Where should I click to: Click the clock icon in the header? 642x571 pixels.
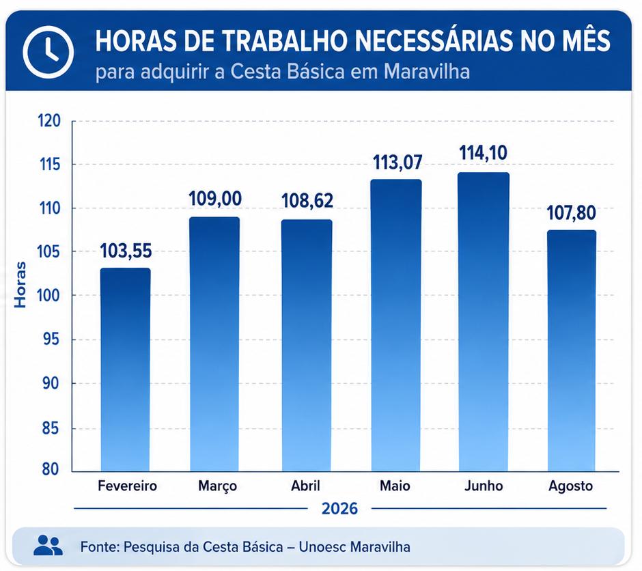coord(48,52)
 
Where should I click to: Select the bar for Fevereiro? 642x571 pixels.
coord(125,370)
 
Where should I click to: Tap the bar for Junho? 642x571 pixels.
coord(484,322)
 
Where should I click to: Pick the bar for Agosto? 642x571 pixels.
coord(572,351)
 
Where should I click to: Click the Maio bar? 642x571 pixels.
coord(396,325)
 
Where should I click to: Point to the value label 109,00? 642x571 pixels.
coord(215,199)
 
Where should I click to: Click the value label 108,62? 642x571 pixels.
coord(307,201)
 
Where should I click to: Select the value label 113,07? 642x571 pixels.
coord(397,163)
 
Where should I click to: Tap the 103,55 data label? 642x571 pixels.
coord(126,251)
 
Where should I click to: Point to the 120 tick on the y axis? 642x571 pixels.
coord(49,121)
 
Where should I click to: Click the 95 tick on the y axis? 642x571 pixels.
coord(51,339)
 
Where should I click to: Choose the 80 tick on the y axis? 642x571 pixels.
coord(51,469)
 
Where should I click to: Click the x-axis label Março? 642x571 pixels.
coord(217,486)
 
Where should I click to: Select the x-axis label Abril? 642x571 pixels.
coord(305,486)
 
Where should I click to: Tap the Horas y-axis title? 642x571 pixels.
coord(20,285)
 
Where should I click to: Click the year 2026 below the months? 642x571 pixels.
coord(340,508)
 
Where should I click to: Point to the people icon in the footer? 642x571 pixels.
coord(48,545)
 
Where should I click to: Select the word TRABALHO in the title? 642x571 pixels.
coord(285,41)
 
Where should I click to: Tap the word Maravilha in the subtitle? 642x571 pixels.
coord(427,72)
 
